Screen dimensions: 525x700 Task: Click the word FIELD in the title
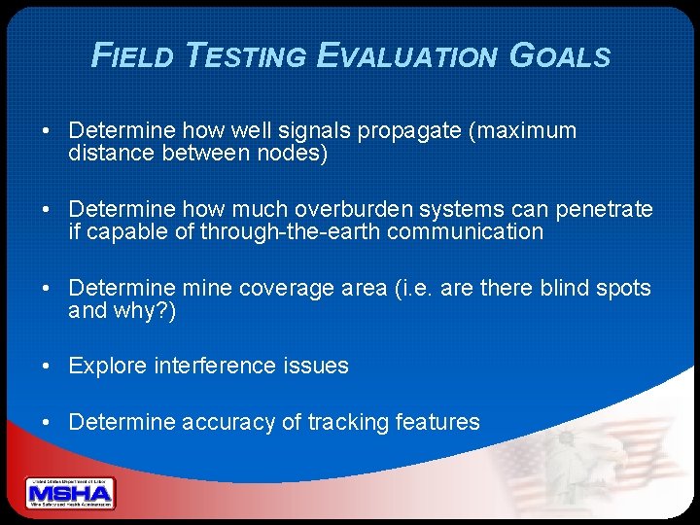click(x=131, y=55)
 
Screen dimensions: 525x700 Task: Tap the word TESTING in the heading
click(x=246, y=55)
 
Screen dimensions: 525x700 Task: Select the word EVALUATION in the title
click(x=406, y=55)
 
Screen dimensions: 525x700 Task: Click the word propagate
click(x=413, y=130)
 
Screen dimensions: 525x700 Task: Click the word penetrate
click(x=608, y=209)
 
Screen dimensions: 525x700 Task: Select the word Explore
click(x=106, y=366)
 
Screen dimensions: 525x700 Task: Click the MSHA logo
click(x=70, y=494)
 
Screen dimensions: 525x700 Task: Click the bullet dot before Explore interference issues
click(x=48, y=367)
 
